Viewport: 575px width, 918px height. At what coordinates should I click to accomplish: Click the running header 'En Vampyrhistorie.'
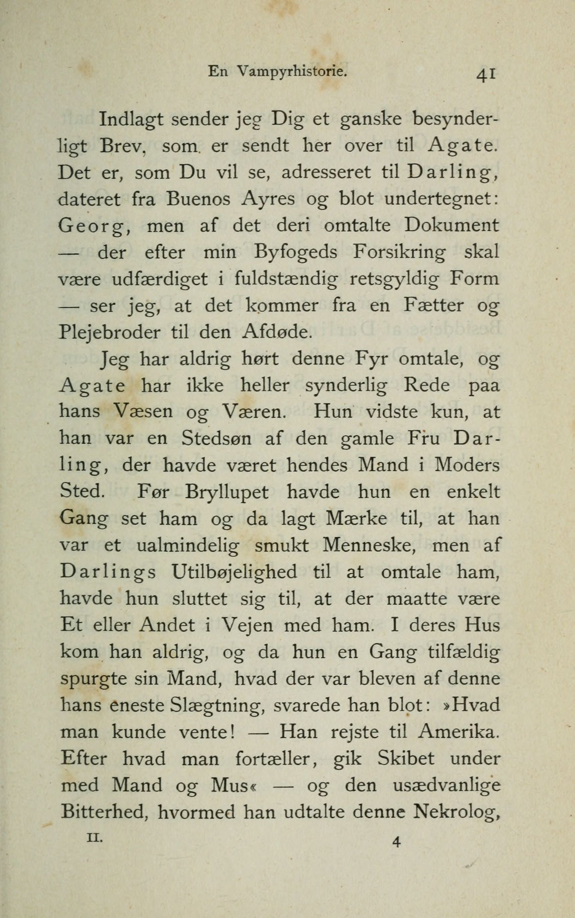pyautogui.click(x=278, y=72)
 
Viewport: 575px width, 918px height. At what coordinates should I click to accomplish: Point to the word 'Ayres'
pyautogui.click(x=268, y=200)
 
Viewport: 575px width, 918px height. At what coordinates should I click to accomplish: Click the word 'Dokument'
pyautogui.click(x=451, y=226)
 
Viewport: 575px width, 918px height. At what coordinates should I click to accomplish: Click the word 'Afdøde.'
pyautogui.click(x=276, y=332)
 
